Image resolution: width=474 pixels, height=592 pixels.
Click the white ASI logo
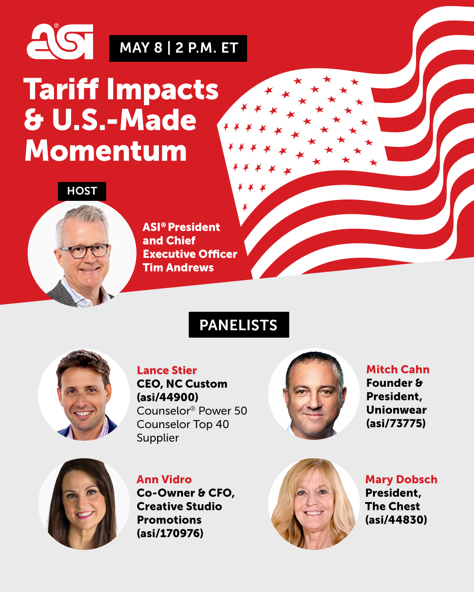[60, 41]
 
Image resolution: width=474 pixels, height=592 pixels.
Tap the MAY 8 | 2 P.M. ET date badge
[178, 48]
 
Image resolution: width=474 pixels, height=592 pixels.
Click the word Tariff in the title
[61, 89]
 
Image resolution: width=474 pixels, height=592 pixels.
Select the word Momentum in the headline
[106, 150]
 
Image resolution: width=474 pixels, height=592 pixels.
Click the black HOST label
[82, 191]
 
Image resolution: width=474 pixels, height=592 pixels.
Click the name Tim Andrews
[178, 267]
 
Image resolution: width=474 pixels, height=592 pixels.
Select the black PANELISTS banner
[239, 325]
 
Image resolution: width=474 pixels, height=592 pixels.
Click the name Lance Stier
[167, 370]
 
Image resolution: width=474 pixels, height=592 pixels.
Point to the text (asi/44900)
[168, 397]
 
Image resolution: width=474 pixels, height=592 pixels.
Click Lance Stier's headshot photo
[84, 395]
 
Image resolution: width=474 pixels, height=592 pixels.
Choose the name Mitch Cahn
[398, 369]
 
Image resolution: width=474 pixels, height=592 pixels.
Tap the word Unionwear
[396, 410]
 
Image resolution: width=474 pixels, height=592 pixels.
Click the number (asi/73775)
[396, 423]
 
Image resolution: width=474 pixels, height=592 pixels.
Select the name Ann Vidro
[164, 479]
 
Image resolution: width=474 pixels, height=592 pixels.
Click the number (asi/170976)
[170, 533]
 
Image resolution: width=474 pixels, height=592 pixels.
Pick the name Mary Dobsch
[401, 479]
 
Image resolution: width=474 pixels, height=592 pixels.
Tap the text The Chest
[392, 506]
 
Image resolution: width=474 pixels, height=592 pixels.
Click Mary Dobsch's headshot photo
[314, 504]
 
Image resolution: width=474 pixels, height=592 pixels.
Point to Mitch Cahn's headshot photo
[314, 394]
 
